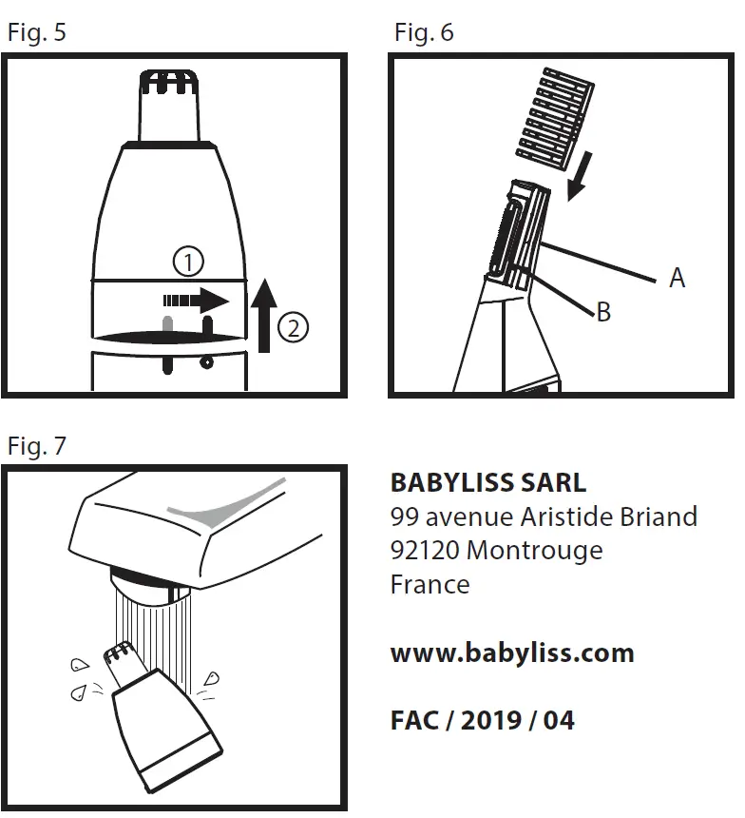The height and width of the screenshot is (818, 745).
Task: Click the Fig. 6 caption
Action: coord(424,33)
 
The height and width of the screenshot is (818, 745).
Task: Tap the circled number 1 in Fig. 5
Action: coord(188,261)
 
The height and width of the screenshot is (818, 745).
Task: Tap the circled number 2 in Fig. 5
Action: coord(293,328)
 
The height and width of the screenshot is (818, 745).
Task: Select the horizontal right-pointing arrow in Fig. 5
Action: coord(196,301)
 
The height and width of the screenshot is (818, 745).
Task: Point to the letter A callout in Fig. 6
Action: coord(677,278)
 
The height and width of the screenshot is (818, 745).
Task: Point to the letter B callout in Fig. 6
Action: coord(603,311)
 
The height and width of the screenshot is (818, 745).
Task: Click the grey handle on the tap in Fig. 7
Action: coord(224,509)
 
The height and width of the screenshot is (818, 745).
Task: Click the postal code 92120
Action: coord(425,551)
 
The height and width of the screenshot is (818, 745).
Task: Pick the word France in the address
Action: coord(430,584)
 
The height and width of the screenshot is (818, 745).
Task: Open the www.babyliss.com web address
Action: coord(511,653)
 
